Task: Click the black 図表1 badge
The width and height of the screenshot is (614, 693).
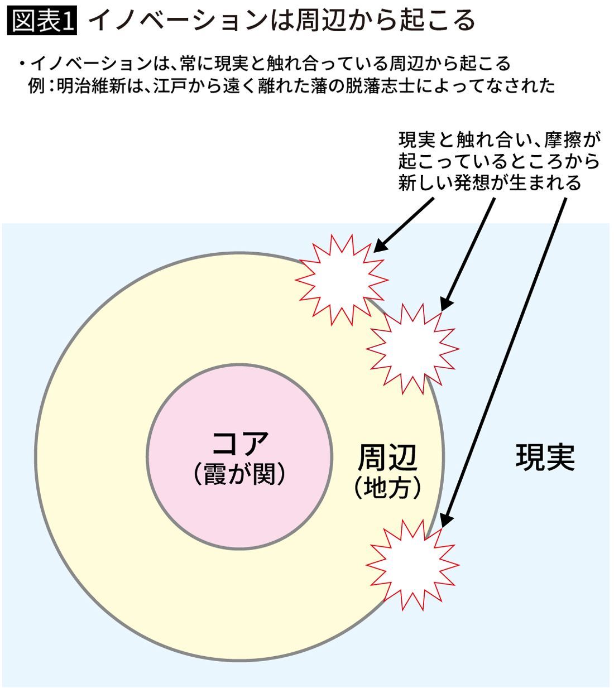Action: (x=42, y=21)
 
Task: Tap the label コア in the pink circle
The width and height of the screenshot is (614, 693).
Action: (x=241, y=443)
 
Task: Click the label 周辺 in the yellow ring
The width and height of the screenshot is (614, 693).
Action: (x=387, y=458)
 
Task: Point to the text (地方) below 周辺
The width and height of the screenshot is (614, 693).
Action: (x=387, y=488)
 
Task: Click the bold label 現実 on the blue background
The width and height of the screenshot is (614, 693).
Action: (x=544, y=458)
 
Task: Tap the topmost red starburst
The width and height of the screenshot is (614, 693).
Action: (x=341, y=278)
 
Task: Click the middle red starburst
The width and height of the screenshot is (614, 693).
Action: (x=412, y=348)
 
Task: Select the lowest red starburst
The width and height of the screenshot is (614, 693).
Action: (x=412, y=565)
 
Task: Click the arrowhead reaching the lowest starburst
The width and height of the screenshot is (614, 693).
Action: (x=444, y=521)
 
